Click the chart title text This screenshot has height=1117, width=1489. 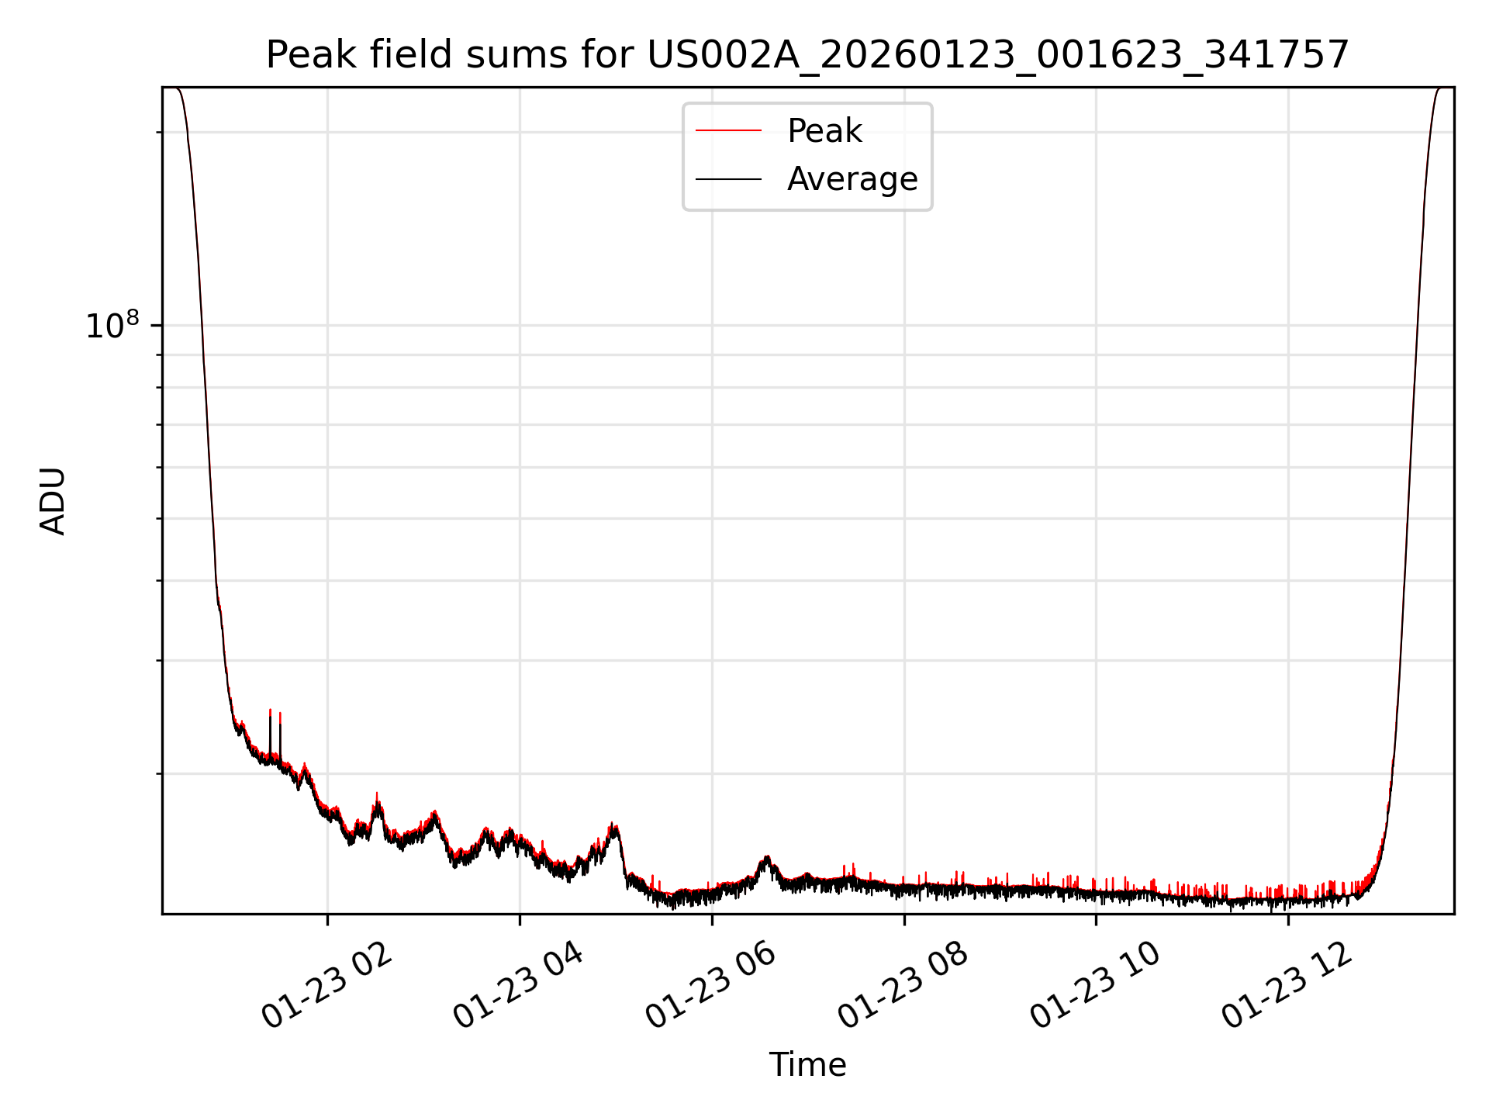(807, 55)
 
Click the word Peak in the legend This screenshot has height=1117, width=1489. (824, 131)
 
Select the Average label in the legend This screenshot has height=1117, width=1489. (852, 179)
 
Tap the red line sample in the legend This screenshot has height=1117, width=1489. (728, 131)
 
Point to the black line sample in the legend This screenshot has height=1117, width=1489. (728, 179)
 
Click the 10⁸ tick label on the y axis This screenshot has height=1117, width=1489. (112, 326)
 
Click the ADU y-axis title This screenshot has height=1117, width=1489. (53, 500)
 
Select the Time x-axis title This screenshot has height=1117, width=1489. (807, 1065)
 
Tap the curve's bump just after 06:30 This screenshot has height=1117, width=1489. (767, 859)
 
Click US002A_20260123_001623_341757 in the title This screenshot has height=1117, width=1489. (997, 55)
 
